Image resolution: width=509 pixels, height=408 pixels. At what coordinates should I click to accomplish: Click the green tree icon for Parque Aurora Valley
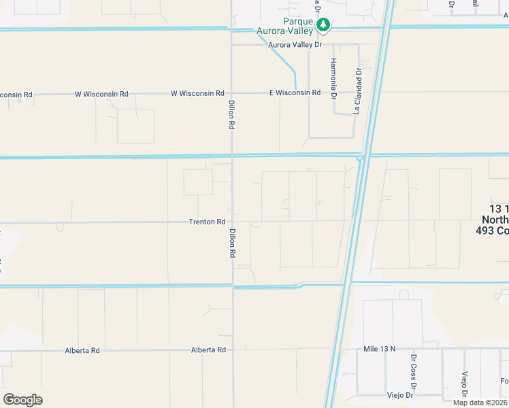325,26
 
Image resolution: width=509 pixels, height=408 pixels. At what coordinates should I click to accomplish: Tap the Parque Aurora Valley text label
284,26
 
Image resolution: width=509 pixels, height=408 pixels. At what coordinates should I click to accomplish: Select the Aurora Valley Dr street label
295,45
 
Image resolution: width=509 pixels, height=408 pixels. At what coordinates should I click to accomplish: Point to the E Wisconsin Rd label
295,92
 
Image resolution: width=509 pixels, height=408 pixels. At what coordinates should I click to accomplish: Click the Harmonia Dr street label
333,78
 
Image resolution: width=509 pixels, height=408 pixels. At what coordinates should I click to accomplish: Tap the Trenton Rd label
207,222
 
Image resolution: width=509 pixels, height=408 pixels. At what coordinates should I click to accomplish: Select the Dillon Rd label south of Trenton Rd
232,243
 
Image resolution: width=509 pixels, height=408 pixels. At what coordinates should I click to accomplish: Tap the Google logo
22,400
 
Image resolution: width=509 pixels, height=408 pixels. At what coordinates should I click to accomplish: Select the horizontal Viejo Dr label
400,395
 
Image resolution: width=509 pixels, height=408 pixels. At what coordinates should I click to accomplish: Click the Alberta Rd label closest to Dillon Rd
208,350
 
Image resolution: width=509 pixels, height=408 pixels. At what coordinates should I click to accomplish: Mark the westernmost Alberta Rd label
82,350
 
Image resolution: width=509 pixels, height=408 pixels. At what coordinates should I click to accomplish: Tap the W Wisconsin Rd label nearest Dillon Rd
197,93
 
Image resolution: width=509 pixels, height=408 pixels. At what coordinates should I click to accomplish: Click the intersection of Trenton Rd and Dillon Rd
232,222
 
